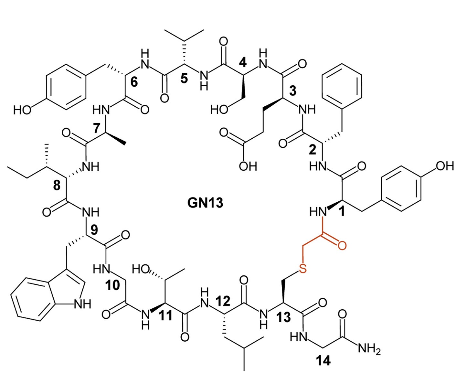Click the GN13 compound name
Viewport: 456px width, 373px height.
205,203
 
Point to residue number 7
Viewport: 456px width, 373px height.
97,128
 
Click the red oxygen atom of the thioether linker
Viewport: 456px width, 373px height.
342,245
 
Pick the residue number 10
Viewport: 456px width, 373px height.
113,285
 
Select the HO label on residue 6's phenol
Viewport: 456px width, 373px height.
22,110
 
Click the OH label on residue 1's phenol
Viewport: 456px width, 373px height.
445,166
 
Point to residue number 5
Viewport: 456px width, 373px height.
184,78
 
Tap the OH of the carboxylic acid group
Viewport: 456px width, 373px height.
248,166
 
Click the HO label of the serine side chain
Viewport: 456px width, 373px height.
219,110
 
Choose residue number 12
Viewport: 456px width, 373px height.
223,301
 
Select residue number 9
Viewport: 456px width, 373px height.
94,230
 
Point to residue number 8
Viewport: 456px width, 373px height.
57,186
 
